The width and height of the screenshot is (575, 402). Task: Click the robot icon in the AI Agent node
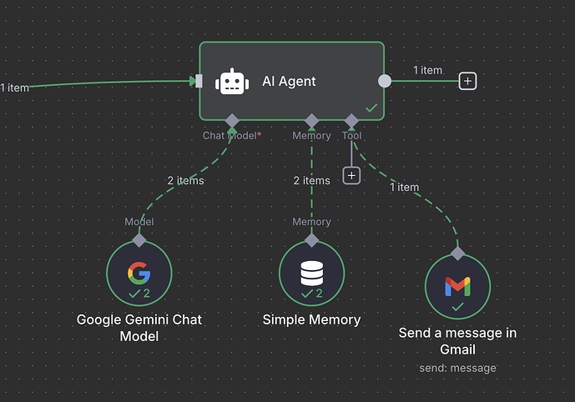click(x=232, y=82)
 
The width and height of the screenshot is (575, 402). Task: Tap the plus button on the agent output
click(x=468, y=81)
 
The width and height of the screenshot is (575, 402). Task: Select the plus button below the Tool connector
click(x=351, y=175)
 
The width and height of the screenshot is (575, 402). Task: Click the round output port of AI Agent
click(x=384, y=81)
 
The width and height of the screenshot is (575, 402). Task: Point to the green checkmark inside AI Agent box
click(x=371, y=108)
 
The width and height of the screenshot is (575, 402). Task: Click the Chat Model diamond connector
click(x=232, y=122)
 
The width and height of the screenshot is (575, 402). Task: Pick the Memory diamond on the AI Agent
click(x=311, y=122)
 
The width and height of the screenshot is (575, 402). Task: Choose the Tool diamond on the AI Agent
click(x=351, y=122)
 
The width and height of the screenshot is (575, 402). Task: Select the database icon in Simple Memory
click(x=311, y=272)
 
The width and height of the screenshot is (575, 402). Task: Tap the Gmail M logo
click(x=457, y=285)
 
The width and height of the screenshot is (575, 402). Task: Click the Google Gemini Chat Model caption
click(x=139, y=327)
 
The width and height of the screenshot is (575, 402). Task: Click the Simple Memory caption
click(x=311, y=319)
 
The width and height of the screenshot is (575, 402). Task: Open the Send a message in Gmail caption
click(x=457, y=341)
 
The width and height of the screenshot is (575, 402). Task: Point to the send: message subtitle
click(x=457, y=368)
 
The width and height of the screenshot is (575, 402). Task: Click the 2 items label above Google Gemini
click(x=184, y=179)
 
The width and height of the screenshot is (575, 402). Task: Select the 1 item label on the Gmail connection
click(x=404, y=187)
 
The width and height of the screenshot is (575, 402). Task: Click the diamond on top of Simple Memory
click(x=311, y=240)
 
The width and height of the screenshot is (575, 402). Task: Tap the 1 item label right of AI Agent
click(x=427, y=70)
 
